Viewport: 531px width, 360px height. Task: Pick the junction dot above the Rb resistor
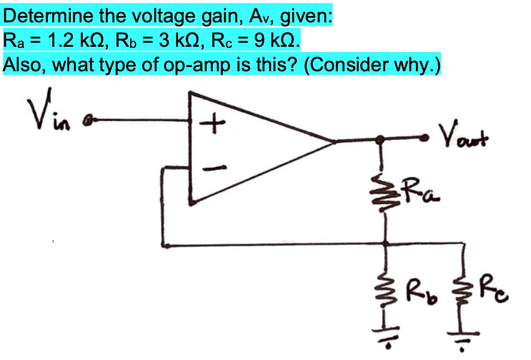pyautogui.click(x=386, y=243)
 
